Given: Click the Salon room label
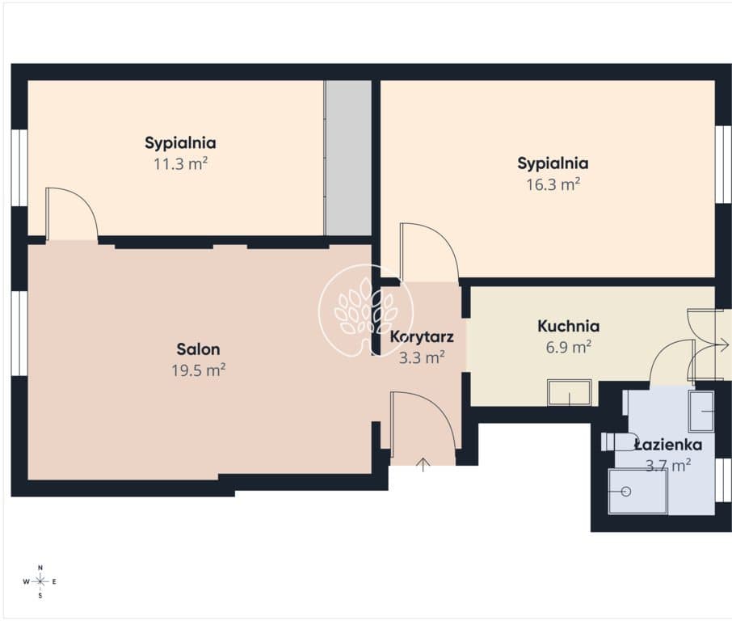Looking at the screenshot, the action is (x=198, y=349).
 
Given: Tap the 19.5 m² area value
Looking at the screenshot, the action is (x=199, y=370).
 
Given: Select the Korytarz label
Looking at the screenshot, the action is (x=422, y=336).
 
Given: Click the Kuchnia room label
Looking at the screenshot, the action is (x=568, y=326).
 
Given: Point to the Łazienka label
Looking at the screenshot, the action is (x=668, y=445).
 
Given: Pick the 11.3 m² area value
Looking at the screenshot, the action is (x=181, y=163).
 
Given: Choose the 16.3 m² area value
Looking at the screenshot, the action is (x=553, y=184).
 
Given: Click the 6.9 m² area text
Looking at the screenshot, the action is (x=569, y=347).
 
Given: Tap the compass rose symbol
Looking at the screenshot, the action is (x=40, y=581).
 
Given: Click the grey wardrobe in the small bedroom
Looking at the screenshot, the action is (x=348, y=158).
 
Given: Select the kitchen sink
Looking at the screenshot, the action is (x=570, y=392).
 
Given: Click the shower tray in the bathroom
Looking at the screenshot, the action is (x=637, y=492).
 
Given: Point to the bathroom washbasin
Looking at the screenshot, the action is (x=701, y=412).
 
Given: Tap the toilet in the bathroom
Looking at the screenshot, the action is (x=620, y=441).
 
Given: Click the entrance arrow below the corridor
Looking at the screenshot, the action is (x=423, y=465).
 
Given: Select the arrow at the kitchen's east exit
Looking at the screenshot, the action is (x=721, y=346).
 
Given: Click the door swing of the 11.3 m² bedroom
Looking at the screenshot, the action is (x=84, y=201).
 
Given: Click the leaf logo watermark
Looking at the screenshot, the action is (x=365, y=310).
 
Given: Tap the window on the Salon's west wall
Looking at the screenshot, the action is (x=19, y=332).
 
